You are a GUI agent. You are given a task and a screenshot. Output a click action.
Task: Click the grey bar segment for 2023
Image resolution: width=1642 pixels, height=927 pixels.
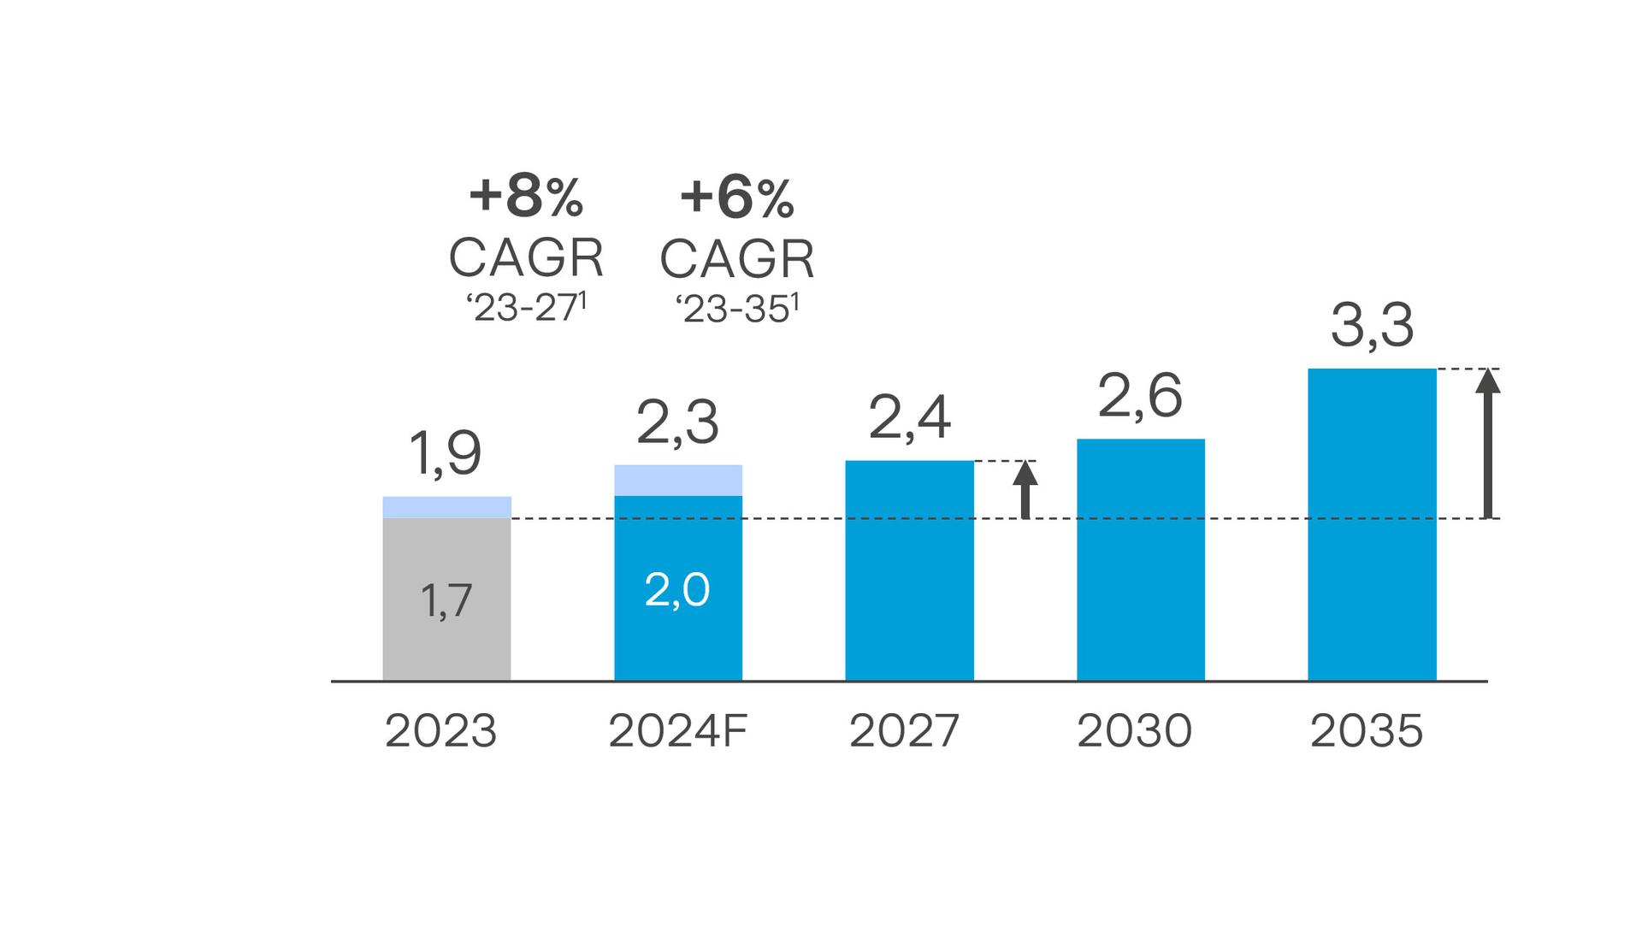click(446, 599)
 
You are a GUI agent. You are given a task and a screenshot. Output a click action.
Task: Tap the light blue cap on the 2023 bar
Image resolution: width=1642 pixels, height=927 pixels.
click(446, 507)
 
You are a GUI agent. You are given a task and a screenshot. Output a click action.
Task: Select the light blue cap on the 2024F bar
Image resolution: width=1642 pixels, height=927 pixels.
click(678, 480)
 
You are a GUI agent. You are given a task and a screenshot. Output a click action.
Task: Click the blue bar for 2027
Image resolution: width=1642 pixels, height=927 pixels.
click(909, 570)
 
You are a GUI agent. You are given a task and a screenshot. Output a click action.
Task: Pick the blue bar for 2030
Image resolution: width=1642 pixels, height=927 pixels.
click(1140, 560)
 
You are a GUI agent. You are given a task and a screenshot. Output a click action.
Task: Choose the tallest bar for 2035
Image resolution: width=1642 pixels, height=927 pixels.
click(1372, 524)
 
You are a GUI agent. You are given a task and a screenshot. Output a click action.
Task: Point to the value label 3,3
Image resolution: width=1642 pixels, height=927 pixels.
click(1372, 326)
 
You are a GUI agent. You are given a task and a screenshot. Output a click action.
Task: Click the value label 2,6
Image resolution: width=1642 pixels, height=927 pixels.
click(1139, 396)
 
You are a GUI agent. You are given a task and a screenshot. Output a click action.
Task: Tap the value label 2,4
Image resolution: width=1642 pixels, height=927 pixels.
click(909, 418)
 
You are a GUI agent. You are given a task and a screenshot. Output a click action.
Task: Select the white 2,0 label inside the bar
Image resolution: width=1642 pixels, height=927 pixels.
click(676, 590)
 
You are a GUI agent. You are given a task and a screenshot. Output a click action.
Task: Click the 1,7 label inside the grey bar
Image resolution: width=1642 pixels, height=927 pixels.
click(446, 600)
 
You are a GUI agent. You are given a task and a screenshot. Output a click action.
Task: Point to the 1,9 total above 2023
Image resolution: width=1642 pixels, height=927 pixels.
click(445, 453)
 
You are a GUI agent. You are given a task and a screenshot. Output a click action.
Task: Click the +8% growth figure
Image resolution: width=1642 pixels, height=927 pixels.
click(526, 196)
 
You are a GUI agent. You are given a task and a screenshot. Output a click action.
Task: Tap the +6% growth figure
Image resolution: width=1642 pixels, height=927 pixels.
click(736, 198)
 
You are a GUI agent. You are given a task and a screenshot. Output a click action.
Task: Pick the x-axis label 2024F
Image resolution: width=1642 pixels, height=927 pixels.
click(677, 731)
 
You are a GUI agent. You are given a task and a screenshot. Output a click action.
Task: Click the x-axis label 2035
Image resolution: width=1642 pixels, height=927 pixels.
click(1366, 731)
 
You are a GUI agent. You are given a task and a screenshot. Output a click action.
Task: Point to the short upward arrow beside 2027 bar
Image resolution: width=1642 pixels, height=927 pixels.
click(1025, 489)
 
